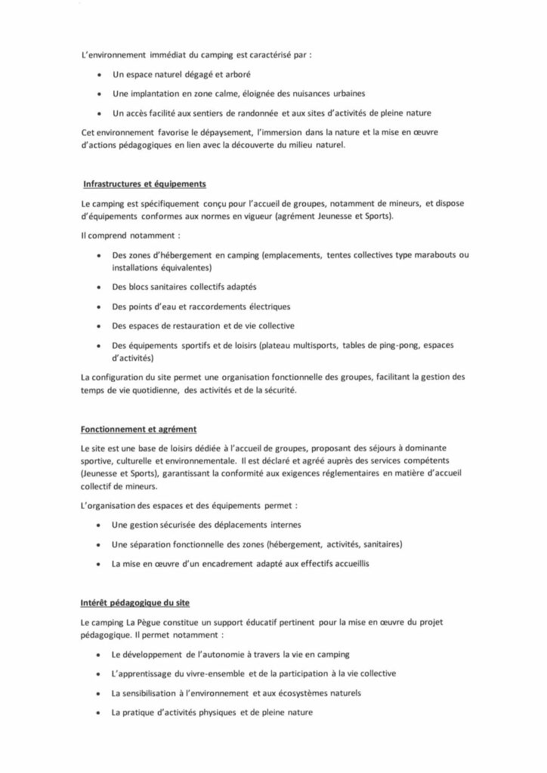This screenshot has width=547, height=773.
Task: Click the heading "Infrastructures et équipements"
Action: (144, 183)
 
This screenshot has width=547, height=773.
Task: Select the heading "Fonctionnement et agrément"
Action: (138, 430)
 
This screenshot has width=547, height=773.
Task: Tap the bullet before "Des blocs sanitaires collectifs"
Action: (100, 288)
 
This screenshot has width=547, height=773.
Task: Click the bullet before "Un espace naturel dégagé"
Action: (100, 75)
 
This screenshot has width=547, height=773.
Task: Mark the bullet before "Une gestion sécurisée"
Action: (100, 525)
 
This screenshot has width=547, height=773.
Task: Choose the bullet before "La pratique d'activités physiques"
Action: (100, 712)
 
